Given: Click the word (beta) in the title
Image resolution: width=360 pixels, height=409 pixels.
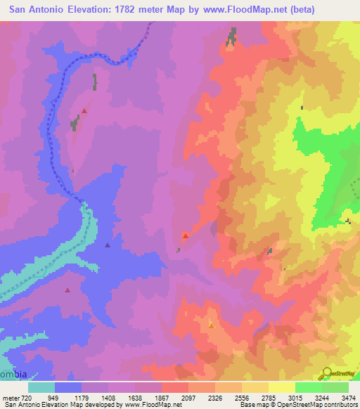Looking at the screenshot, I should [x=300, y=9].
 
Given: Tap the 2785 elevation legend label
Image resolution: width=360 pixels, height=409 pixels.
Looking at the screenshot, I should [x=268, y=397].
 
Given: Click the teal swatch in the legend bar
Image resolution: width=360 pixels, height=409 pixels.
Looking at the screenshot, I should [x=41, y=387].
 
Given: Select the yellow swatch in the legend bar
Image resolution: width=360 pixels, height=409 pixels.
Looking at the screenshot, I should [x=281, y=387].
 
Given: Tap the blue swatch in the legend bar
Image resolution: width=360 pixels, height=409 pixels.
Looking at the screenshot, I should [x=68, y=387].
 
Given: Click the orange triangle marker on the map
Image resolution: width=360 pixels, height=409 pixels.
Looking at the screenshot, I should [x=211, y=325].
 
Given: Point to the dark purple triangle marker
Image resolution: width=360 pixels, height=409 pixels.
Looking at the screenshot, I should [x=107, y=245].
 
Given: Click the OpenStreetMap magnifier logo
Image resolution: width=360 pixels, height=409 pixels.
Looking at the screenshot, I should [x=328, y=372].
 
